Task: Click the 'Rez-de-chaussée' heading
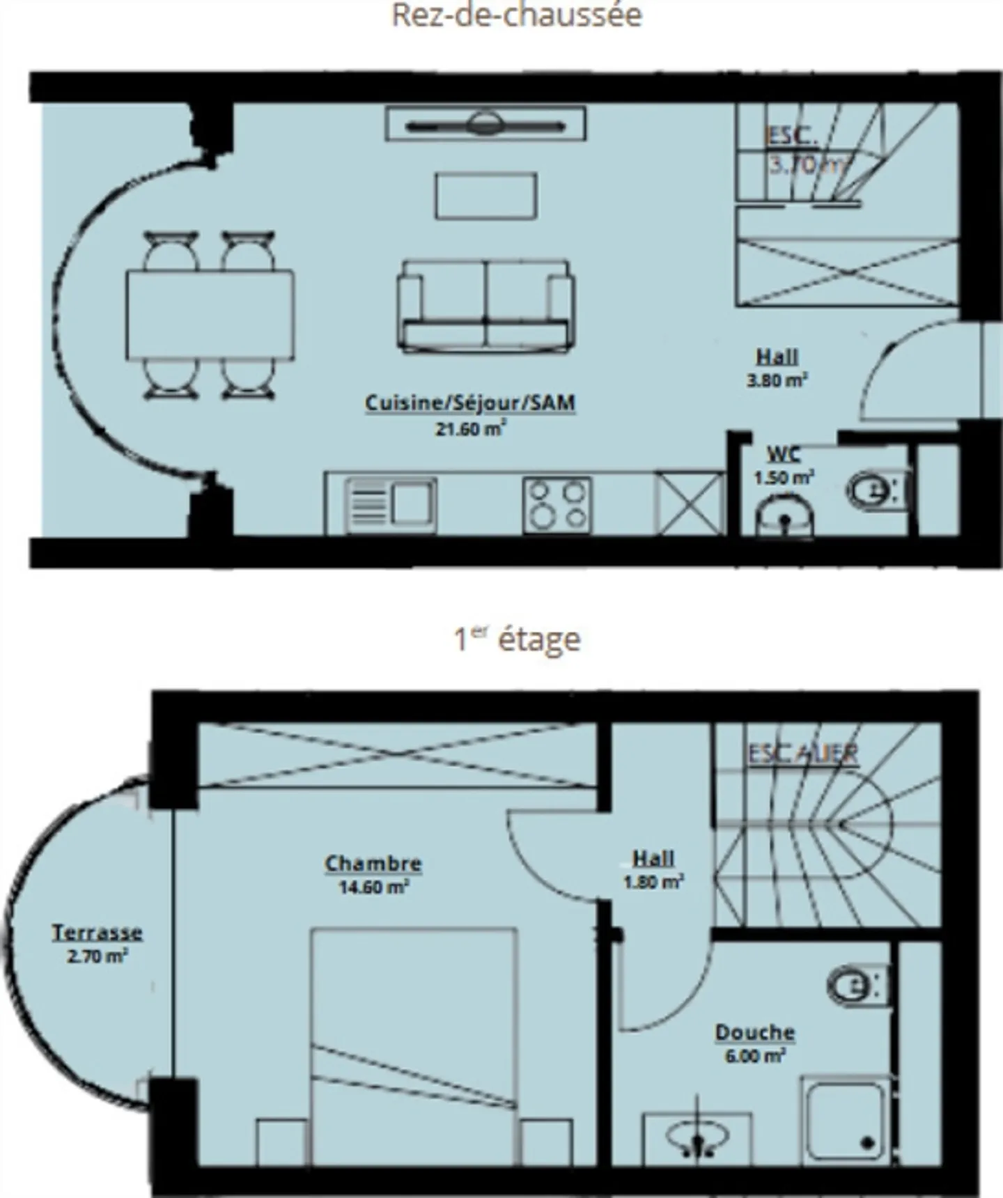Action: [x=516, y=15]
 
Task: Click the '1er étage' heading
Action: [x=516, y=639]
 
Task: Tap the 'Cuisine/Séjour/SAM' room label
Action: [x=470, y=403]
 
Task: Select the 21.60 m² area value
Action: [x=470, y=429]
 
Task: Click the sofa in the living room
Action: [x=485, y=306]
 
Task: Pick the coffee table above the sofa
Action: [x=485, y=196]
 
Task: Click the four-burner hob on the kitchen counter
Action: [x=557, y=505]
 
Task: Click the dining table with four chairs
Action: [x=210, y=315]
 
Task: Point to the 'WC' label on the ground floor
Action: [x=784, y=455]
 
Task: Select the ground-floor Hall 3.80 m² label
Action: [x=777, y=368]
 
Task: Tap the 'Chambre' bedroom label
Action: [x=373, y=864]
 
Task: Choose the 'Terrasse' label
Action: [x=98, y=933]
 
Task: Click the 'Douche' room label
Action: [x=755, y=1032]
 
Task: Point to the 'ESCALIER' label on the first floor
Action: [x=802, y=754]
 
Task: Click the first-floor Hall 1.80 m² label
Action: [x=653, y=869]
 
